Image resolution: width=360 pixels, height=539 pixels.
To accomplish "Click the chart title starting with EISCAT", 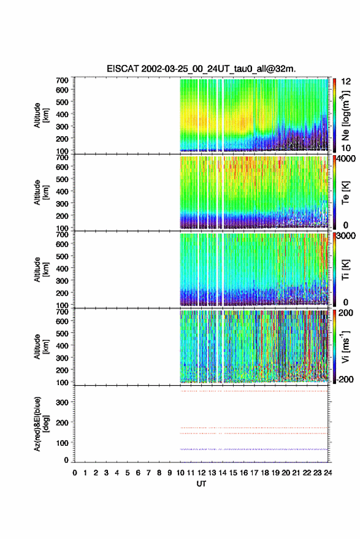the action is (201, 69).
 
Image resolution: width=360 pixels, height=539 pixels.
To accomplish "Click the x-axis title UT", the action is (202, 484).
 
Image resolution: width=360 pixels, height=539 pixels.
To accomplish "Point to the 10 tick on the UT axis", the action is (180, 473).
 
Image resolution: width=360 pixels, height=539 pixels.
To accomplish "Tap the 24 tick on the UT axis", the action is (328, 473).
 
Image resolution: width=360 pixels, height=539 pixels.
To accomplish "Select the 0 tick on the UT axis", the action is (75, 473).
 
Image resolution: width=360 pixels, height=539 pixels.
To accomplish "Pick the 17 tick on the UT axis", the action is (254, 473).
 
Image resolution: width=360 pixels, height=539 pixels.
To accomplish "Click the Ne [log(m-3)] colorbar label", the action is (345, 115).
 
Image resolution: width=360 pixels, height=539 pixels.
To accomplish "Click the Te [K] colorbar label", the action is (345, 193).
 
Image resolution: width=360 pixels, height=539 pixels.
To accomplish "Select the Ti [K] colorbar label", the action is (345, 269).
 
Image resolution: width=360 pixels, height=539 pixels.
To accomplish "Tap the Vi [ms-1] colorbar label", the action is (345, 346).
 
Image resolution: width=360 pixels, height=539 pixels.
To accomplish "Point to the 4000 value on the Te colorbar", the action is (346, 159).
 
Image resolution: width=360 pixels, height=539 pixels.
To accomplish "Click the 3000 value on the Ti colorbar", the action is (346, 236).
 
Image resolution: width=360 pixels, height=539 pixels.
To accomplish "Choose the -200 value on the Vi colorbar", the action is (345, 380).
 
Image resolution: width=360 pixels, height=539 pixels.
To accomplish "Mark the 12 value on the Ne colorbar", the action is (346, 82).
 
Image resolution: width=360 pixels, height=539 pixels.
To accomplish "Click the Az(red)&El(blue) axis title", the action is (41, 424).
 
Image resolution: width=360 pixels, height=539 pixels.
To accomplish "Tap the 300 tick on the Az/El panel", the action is (62, 402).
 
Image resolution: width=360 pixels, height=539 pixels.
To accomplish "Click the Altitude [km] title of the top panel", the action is (41, 115).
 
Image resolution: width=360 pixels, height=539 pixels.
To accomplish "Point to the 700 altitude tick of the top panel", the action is (62, 80).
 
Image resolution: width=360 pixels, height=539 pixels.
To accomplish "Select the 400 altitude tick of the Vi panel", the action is (62, 345).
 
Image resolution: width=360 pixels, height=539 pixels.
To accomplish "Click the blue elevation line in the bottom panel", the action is (254, 449).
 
